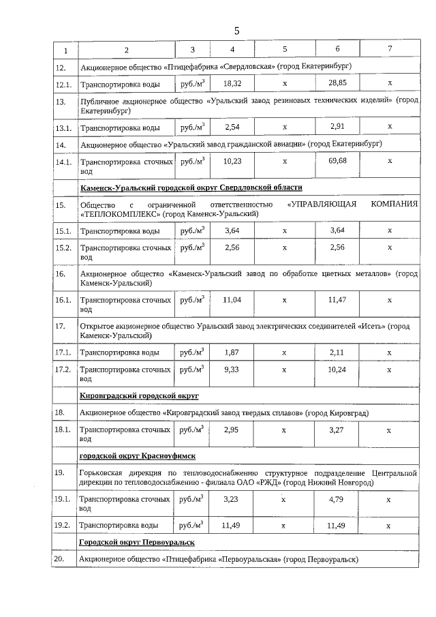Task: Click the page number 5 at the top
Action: [x=236, y=31]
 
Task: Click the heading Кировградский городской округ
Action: [x=139, y=395]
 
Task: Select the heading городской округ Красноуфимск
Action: [x=138, y=455]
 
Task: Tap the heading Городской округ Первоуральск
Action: [x=137, y=541]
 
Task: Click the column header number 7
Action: [x=390, y=50]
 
